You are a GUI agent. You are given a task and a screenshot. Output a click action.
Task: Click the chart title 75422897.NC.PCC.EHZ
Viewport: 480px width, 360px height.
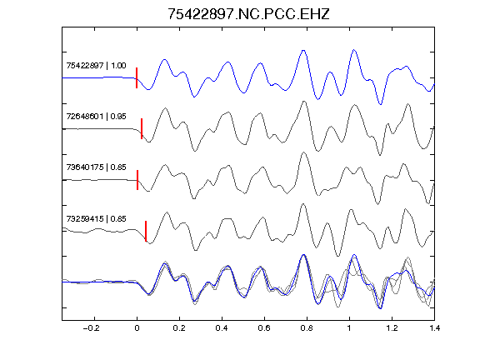(248, 14)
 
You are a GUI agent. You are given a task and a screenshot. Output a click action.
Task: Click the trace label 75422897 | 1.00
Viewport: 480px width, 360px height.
(96, 66)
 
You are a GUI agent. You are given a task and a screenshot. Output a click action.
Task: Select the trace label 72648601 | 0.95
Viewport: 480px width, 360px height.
(96, 117)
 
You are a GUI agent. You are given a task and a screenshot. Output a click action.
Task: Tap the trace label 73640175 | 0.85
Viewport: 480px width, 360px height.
(96, 167)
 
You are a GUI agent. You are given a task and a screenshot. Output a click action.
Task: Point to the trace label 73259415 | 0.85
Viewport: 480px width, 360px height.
(96, 219)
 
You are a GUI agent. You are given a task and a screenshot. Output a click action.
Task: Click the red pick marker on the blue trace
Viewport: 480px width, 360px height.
(137, 78)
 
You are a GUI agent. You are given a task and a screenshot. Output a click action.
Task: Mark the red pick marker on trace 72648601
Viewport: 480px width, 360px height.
(142, 129)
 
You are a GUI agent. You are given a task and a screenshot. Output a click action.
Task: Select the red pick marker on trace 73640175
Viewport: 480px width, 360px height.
(137, 180)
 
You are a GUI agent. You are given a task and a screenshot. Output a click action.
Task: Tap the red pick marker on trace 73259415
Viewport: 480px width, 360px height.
(146, 231)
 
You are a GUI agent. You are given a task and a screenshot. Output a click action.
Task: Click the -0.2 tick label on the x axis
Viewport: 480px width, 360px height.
(91, 328)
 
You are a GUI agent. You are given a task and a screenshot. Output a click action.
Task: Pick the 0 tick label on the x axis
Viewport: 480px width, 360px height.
(137, 328)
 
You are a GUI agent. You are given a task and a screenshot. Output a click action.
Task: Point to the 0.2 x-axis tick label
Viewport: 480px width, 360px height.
(179, 328)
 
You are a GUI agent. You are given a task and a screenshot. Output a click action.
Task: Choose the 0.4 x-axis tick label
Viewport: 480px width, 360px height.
(222, 328)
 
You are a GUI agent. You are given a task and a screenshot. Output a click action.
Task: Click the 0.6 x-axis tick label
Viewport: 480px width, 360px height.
(264, 328)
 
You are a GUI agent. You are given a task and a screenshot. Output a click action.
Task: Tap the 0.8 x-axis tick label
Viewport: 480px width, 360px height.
(307, 328)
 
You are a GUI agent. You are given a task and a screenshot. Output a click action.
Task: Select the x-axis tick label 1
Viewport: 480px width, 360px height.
(349, 328)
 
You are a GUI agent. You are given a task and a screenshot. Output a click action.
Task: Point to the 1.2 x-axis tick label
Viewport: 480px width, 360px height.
(392, 328)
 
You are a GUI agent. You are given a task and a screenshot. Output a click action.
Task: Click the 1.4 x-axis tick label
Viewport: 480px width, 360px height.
(434, 328)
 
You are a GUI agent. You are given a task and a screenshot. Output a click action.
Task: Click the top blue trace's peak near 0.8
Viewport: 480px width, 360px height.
(303, 50)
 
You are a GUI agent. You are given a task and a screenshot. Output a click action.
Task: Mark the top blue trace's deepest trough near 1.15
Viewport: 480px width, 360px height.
(381, 104)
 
